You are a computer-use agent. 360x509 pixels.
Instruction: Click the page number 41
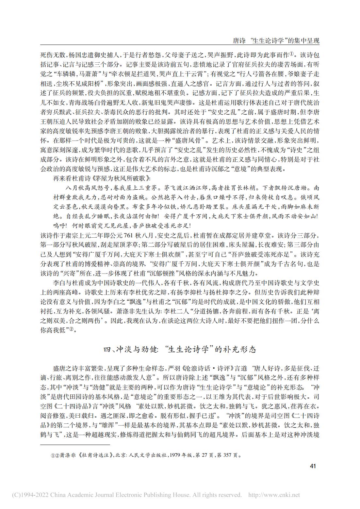pyautogui.click(x=312, y=466)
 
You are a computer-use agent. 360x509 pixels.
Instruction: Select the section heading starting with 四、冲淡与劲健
pyautogui.click(x=180, y=350)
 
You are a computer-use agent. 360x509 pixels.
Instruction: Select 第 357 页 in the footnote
pyautogui.click(x=230, y=454)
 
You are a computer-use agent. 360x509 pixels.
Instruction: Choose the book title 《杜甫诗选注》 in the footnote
pyautogui.click(x=94, y=454)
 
